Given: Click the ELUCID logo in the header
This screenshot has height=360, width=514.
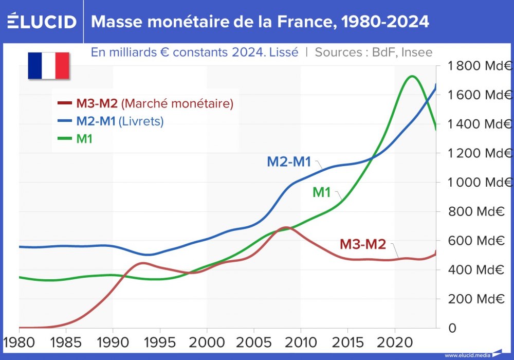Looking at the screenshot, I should [x=42, y=22].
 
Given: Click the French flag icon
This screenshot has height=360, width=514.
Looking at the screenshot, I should [x=49, y=65].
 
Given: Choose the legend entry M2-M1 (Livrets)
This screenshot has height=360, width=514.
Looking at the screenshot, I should [x=120, y=121].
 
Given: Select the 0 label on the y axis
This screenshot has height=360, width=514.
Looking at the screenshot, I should [x=452, y=328].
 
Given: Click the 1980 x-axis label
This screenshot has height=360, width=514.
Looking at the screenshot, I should [x=19, y=341].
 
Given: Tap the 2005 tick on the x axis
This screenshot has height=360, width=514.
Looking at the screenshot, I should [x=253, y=341].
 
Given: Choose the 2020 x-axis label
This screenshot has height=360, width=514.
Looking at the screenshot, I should [x=394, y=341].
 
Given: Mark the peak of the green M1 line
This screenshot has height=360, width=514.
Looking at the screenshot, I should [x=412, y=77].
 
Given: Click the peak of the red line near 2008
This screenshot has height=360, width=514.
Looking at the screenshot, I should [x=286, y=227].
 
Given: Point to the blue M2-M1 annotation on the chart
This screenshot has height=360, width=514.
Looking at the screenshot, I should [x=289, y=161].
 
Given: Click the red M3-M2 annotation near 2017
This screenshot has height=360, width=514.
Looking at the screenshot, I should [x=362, y=244].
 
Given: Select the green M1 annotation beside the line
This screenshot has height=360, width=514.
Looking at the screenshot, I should [x=321, y=193].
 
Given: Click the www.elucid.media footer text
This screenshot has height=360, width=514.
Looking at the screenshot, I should [x=467, y=355].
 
